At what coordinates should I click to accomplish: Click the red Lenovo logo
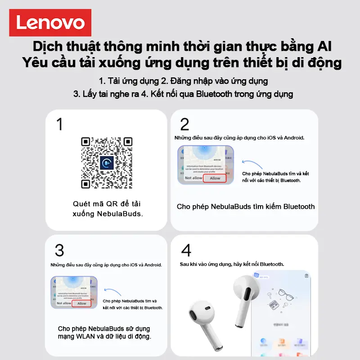click(x=50, y=22)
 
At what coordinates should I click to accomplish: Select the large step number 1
click(x=59, y=124)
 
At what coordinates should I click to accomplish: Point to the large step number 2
click(x=184, y=124)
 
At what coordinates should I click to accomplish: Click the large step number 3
click(x=59, y=250)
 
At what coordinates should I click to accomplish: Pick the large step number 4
click(x=185, y=250)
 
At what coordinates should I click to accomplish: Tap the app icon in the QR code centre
click(x=107, y=162)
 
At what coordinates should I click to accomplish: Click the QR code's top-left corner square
click(x=86, y=142)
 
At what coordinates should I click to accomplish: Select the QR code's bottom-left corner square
click(x=86, y=184)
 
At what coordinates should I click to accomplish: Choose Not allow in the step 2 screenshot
click(x=193, y=178)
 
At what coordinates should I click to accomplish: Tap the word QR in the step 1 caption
click(x=111, y=203)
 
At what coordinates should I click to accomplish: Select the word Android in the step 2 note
click(x=293, y=138)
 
